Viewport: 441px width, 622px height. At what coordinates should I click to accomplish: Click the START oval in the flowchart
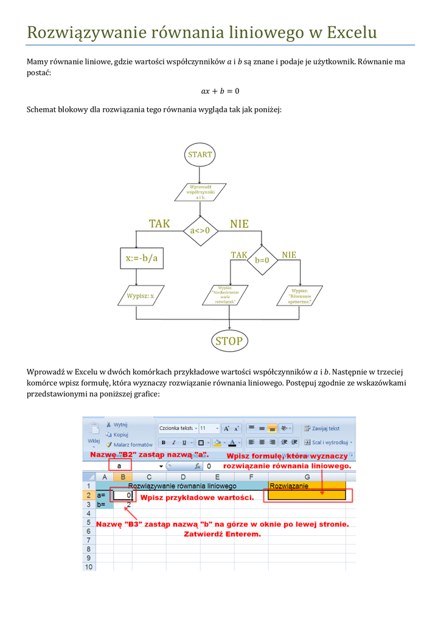pyautogui.click(x=200, y=154)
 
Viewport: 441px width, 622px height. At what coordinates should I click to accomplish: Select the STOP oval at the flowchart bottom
pyautogui.click(x=229, y=341)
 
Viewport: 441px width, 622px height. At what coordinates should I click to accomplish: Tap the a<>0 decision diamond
pyautogui.click(x=200, y=230)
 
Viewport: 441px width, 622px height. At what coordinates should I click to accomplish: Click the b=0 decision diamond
pyautogui.click(x=262, y=260)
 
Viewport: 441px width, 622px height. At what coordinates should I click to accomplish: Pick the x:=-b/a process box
pyautogui.click(x=141, y=258)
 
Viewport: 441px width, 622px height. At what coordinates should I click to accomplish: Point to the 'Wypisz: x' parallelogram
pyautogui.click(x=140, y=296)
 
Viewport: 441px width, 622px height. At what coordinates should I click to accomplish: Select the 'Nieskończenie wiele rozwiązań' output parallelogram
pyautogui.click(x=229, y=296)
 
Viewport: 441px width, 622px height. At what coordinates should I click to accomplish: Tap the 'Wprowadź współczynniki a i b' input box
pyautogui.click(x=200, y=192)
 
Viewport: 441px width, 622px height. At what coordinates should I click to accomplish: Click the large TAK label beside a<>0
pyautogui.click(x=159, y=224)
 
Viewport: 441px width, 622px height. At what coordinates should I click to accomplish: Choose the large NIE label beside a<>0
pyautogui.click(x=239, y=224)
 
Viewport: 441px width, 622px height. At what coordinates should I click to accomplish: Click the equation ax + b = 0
pyautogui.click(x=220, y=91)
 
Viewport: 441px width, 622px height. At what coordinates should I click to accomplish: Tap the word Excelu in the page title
pyautogui.click(x=352, y=32)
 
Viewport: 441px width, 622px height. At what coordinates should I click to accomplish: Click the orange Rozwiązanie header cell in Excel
pyautogui.click(x=307, y=486)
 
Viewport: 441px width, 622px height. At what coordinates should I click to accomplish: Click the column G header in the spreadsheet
pyautogui.click(x=307, y=477)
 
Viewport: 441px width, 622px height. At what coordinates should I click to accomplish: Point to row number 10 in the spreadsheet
pyautogui.click(x=89, y=567)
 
